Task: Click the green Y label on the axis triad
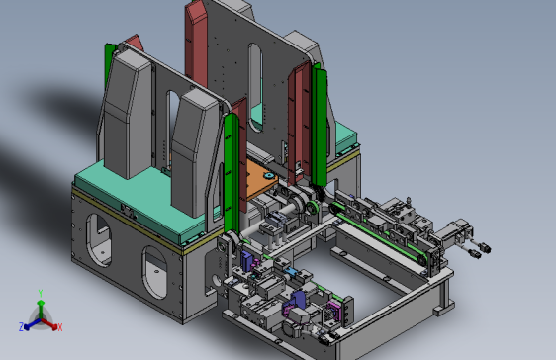[x=41, y=293]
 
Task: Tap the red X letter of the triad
[x=60, y=327]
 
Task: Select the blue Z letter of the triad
[x=22, y=326]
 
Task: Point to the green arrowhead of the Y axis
[x=41, y=303]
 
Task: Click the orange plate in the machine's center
[x=260, y=180]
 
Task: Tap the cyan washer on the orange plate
[x=268, y=175]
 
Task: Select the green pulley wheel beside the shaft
[x=312, y=207]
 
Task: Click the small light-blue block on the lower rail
[x=291, y=272]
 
